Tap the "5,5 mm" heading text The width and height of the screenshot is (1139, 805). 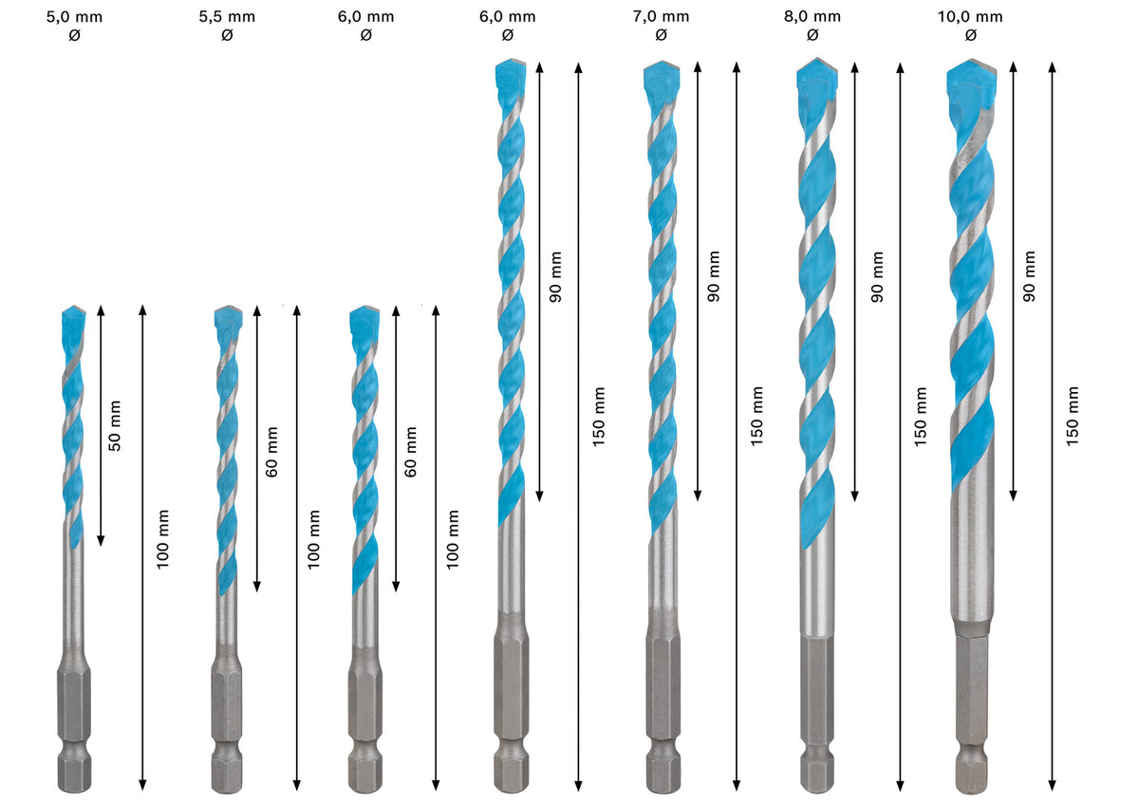click(226, 16)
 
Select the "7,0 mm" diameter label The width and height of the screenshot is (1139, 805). click(661, 16)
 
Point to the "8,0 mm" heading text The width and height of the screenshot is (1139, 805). click(812, 16)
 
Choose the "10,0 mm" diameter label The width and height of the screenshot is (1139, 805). click(970, 16)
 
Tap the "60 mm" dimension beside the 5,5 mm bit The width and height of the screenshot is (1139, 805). click(272, 452)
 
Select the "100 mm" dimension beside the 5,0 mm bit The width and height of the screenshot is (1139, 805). click(163, 539)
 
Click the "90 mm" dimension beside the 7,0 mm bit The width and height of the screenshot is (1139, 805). click(714, 275)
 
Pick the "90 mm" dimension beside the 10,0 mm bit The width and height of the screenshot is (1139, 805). click(1029, 275)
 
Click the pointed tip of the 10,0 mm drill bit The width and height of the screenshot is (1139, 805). click(970, 65)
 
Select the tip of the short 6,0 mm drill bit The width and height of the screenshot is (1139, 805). click(364, 312)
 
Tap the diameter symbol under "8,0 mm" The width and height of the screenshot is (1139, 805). click(812, 35)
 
